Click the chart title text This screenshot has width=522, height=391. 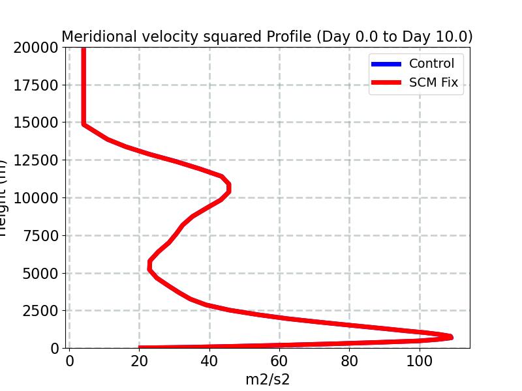tap(267, 36)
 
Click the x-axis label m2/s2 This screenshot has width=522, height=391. tap(268, 379)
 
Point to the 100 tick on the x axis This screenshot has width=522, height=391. tap(420, 360)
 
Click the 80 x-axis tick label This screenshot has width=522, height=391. tap(350, 360)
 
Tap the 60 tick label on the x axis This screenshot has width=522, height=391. tap(279, 360)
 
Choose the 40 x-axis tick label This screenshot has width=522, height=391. tap(209, 360)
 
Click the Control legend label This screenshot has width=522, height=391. tap(431, 64)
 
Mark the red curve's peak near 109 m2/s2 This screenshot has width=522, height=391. tap(450, 337)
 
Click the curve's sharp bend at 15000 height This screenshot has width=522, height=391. tap(84, 123)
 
